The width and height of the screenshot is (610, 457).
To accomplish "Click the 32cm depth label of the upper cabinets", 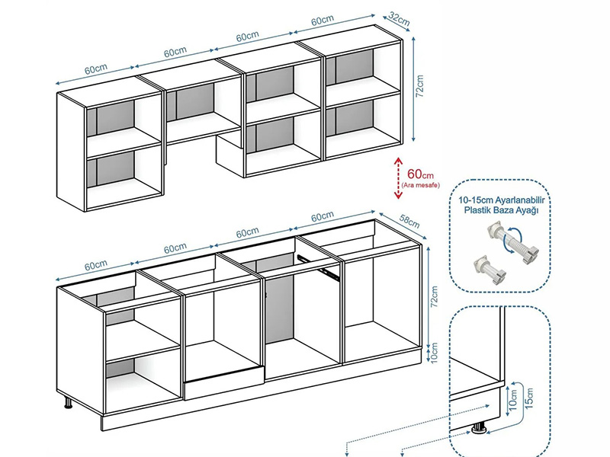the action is [399, 19].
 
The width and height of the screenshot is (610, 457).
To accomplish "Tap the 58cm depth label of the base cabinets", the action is [409, 222].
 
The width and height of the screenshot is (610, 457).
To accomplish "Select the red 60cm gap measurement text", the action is [420, 174].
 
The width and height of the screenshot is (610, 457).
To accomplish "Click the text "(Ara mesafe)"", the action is [421, 185].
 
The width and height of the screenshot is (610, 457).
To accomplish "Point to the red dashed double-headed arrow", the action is [397, 178].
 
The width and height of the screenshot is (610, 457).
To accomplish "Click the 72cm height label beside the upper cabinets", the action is [420, 86].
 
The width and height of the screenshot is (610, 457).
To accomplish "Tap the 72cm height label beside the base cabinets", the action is [434, 297].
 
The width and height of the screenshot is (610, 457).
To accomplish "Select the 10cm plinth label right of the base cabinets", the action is [434, 352].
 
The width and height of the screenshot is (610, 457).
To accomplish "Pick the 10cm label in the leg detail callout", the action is [513, 400].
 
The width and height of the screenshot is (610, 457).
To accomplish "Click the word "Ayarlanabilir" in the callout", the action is [520, 200].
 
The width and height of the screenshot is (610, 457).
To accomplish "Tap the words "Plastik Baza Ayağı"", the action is [501, 211].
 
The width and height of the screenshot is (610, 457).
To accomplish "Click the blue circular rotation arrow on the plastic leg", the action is [512, 241].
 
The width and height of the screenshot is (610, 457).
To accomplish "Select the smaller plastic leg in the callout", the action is [490, 270].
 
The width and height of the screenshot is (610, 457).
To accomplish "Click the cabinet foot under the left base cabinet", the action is [68, 402].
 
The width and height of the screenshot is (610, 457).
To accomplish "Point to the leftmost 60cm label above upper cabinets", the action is [96, 69].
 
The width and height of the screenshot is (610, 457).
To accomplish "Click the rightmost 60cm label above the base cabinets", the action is [322, 216].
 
